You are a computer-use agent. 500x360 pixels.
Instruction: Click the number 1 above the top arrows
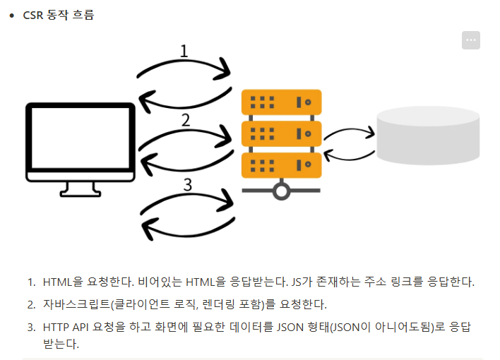[184, 51]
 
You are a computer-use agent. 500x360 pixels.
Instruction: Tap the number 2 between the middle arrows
[185, 120]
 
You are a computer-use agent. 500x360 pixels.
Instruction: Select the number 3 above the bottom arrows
[187, 185]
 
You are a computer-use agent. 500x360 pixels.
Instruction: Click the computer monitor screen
[80, 141]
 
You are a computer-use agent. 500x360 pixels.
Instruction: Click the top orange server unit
[281, 102]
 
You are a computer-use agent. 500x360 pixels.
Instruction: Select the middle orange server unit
[281, 133]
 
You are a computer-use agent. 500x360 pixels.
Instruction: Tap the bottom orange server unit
[281, 164]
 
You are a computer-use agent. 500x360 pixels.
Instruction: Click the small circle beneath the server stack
[282, 191]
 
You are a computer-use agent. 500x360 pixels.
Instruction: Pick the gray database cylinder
[428, 138]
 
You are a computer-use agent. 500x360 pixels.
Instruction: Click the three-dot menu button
[471, 41]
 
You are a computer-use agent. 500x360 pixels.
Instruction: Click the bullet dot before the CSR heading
[11, 15]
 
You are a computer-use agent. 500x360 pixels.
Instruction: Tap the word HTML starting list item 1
[58, 282]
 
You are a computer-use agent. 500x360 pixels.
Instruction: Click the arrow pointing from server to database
[349, 131]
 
